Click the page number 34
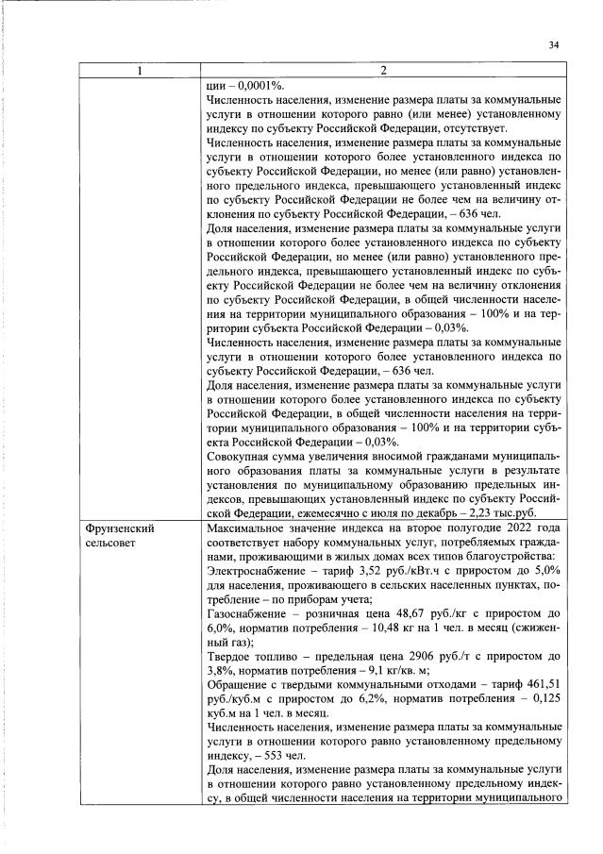point(554,44)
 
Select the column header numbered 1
point(141,71)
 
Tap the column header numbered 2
point(385,71)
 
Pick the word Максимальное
point(245,529)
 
